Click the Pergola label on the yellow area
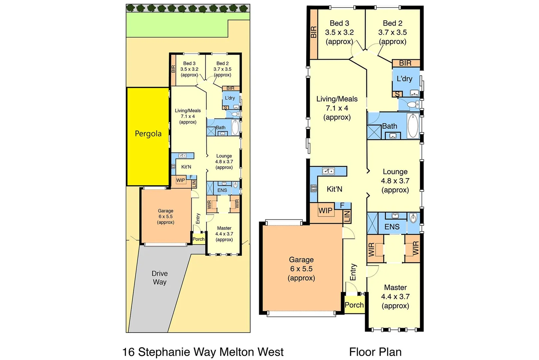click(x=148, y=134)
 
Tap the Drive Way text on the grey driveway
click(x=160, y=278)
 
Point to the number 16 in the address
click(x=128, y=352)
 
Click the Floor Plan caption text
click(x=375, y=352)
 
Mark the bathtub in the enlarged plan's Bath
click(x=413, y=125)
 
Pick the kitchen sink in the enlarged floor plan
click(x=328, y=171)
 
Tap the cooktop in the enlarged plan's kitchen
click(x=314, y=189)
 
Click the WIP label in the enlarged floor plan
click(x=325, y=210)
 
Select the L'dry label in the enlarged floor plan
click(x=404, y=79)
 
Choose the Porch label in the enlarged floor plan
click(x=354, y=305)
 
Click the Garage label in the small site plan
click(x=166, y=211)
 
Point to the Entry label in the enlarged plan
click(x=353, y=272)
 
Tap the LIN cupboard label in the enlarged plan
click(x=347, y=216)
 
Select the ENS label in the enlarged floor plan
click(x=392, y=227)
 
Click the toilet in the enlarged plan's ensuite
click(x=413, y=219)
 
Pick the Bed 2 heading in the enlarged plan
click(x=392, y=23)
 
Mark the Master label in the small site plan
click(x=224, y=228)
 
